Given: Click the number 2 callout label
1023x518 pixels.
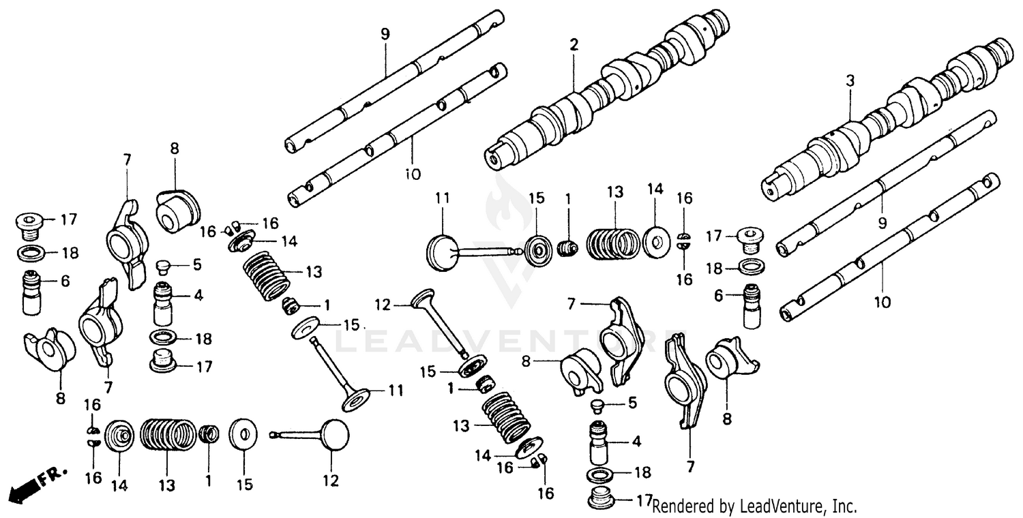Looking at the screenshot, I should [x=574, y=46].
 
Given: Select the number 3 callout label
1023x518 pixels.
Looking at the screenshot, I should [x=850, y=81].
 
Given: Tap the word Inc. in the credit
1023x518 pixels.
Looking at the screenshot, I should [x=844, y=506].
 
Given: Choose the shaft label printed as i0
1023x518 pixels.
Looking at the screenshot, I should [x=412, y=174].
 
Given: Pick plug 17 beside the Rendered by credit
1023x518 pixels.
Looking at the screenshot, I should [x=604, y=498].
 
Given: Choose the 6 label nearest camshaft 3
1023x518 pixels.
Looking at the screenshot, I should [x=719, y=296].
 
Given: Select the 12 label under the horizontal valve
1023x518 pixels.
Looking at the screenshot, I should [x=331, y=481].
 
